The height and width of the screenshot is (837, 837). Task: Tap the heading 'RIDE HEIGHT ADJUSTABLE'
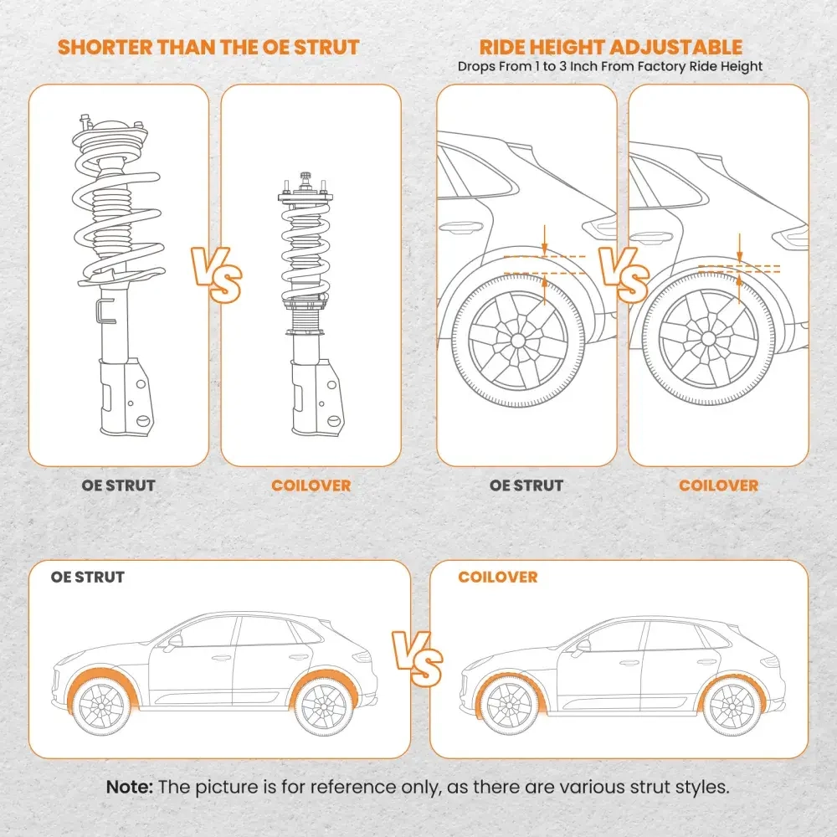coord(610,48)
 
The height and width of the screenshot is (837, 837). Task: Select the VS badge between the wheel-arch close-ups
coord(623,275)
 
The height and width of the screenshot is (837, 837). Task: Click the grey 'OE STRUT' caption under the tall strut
coord(118,485)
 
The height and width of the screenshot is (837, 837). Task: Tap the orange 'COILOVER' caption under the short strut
coord(311,485)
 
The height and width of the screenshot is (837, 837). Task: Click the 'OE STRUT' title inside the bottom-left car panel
coord(88,578)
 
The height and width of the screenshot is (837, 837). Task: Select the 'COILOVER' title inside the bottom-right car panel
coord(498,578)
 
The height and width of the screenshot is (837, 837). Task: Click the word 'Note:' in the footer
coord(130,787)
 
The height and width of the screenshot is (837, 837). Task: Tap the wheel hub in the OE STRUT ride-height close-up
coord(517,341)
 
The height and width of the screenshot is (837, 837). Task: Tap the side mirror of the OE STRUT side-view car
coord(174,643)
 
